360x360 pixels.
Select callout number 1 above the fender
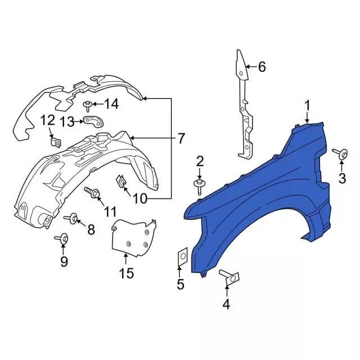[x=307, y=106]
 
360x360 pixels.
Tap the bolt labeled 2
[x=199, y=186]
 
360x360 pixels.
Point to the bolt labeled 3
[x=340, y=154]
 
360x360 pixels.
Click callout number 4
[x=226, y=304]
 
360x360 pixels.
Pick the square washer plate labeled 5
[x=183, y=256]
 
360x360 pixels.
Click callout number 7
[x=181, y=138]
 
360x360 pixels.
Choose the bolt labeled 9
[x=62, y=239]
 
